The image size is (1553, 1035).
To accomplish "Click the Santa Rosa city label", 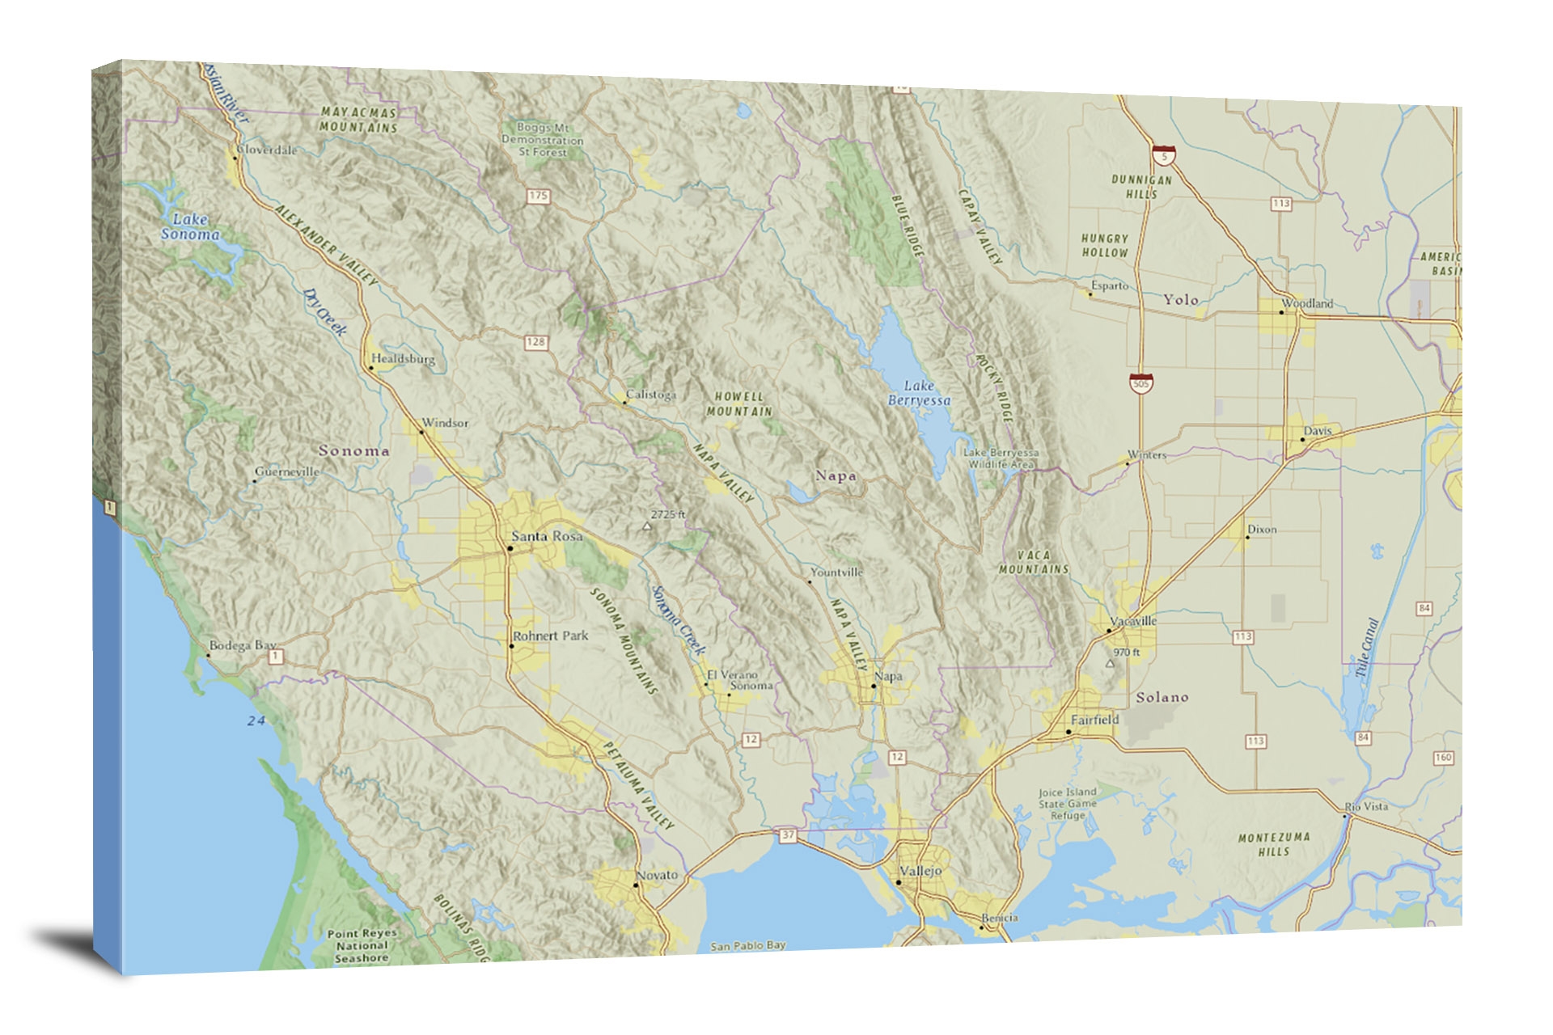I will coord(547,536).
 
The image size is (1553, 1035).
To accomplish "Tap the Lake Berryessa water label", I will coord(919,393).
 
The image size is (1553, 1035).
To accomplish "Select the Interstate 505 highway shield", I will coord(1140,382).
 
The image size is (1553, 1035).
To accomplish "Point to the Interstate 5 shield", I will coord(1164,155).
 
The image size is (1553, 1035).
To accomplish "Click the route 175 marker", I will coord(538,196).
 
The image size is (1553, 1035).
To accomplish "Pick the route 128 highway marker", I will coord(535,342).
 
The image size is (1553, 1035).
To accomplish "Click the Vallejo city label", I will coord(920,871).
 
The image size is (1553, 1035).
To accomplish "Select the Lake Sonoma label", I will coord(190,226).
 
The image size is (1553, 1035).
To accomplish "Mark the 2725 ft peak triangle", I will coord(646,526).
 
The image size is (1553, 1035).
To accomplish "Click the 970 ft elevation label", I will coord(1126,653).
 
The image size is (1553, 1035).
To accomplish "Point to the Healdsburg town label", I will coord(403,358).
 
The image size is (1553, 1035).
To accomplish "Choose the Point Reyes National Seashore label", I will coord(362,945).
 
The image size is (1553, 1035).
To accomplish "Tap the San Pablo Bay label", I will coord(747,945).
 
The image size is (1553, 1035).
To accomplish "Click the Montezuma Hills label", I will coord(1273,844).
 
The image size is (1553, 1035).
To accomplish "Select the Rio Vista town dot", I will coord(1345,817).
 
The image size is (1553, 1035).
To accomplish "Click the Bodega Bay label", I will coord(242,645).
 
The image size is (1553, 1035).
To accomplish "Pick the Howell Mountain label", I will coord(738,403).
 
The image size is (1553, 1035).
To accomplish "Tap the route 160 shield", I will coord(1443,758).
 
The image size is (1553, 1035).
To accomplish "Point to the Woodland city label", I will coord(1307,303).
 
